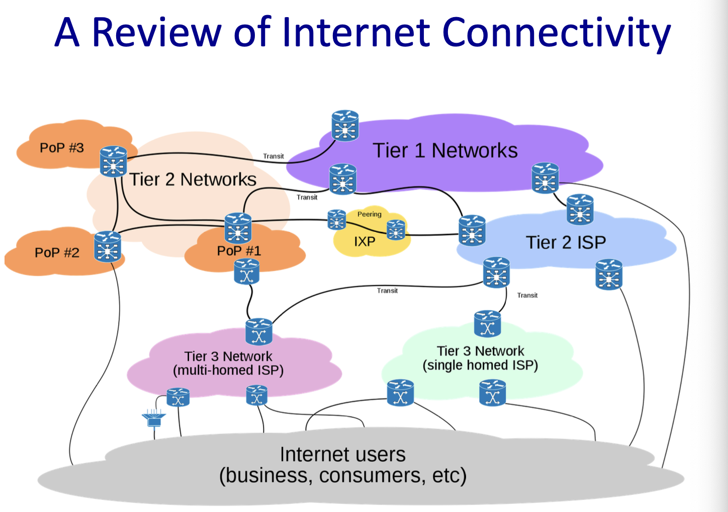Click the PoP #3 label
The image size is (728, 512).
tap(62, 148)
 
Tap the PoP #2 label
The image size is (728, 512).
tap(57, 252)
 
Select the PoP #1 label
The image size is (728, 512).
tap(239, 250)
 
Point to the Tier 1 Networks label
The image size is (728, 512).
tap(445, 150)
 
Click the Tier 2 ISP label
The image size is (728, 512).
tap(566, 242)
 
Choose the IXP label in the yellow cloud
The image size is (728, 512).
tap(365, 242)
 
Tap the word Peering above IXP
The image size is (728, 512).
tap(370, 214)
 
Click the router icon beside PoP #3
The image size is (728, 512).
tap(113, 161)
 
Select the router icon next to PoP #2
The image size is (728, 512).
tap(108, 246)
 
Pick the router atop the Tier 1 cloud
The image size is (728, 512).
tap(345, 126)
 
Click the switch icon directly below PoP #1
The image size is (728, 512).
tap(247, 272)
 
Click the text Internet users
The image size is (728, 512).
tap(342, 455)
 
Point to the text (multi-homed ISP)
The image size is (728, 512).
tap(228, 371)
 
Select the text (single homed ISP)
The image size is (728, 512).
tap(480, 365)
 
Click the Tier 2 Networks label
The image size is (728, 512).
tap(193, 180)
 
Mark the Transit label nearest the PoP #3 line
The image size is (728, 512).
tap(274, 156)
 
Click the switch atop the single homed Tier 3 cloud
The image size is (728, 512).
tap(487, 324)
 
